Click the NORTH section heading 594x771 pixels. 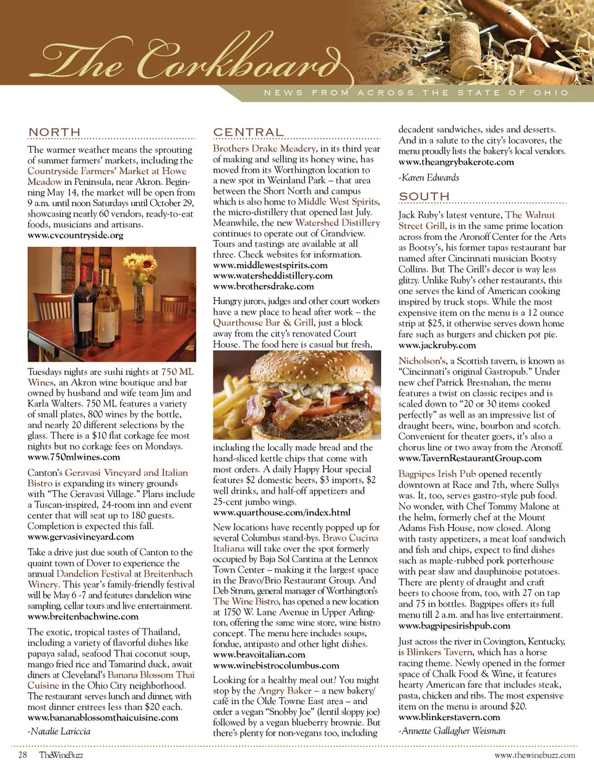click(x=54, y=132)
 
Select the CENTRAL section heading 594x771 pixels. click(x=248, y=132)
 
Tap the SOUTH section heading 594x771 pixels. click(x=424, y=196)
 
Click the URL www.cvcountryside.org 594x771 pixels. click(x=75, y=235)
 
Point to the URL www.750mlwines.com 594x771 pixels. click(x=74, y=457)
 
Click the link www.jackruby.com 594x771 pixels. click(x=437, y=345)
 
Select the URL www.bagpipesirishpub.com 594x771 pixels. click(x=454, y=626)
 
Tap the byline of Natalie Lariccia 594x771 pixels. click(x=59, y=731)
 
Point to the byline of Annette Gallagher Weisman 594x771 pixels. click(x=452, y=731)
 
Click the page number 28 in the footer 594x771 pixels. click(x=22, y=755)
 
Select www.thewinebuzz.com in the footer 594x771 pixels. click(x=535, y=755)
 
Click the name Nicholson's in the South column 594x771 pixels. click(x=422, y=361)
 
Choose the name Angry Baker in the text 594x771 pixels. click(x=285, y=691)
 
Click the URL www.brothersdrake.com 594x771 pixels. click(x=263, y=286)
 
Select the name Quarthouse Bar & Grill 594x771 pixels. click(x=263, y=322)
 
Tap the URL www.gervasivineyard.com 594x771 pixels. click(x=80, y=536)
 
